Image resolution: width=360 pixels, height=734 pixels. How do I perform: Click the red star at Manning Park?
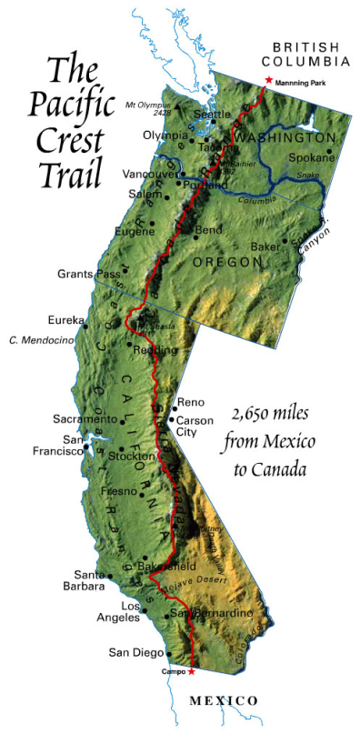[267, 81]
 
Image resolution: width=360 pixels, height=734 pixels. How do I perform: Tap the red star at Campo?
[191, 671]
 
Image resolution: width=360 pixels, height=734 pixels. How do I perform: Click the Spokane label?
[314, 157]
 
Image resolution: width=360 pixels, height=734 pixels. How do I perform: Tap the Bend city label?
[208, 229]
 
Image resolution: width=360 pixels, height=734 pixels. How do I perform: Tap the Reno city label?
[191, 402]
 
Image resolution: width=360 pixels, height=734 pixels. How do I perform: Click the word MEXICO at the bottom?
[224, 700]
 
